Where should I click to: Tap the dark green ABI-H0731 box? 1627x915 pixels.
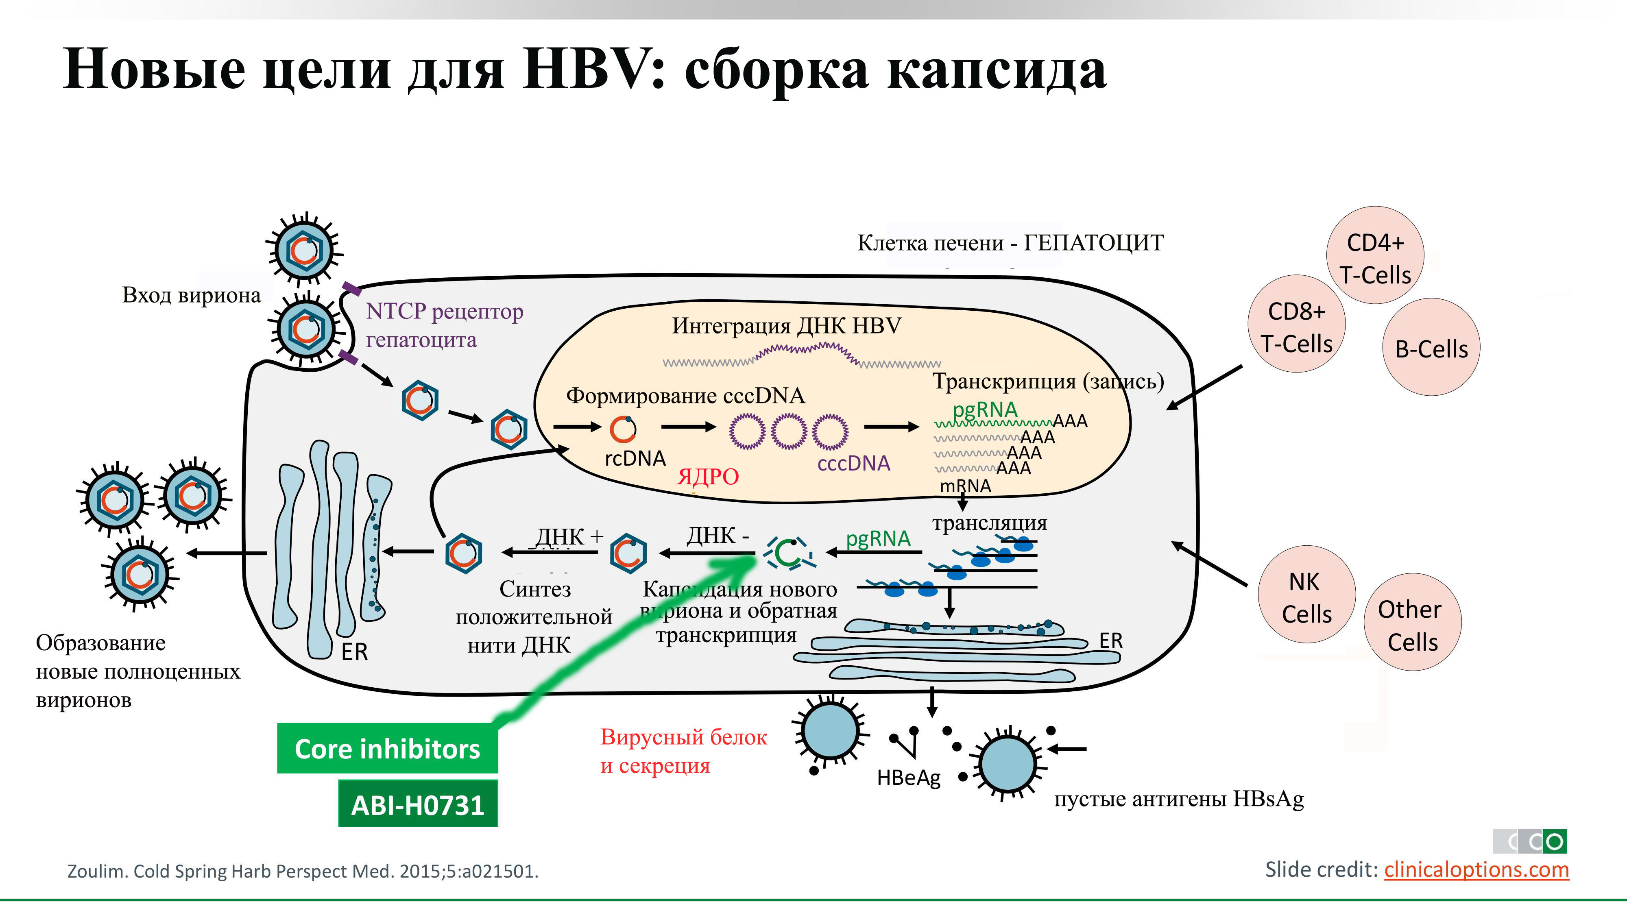pos(417,804)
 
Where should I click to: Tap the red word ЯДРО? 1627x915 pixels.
pos(707,476)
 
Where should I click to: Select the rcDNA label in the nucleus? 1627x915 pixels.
pos(635,458)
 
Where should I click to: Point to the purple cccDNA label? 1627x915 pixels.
pos(853,464)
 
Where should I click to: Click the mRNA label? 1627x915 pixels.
pos(965,486)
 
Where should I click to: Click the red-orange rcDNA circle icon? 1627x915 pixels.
pos(623,429)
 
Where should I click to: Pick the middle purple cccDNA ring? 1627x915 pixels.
pos(789,431)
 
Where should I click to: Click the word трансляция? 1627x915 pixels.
pos(989,523)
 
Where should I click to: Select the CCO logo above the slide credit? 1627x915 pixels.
pos(1530,841)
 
